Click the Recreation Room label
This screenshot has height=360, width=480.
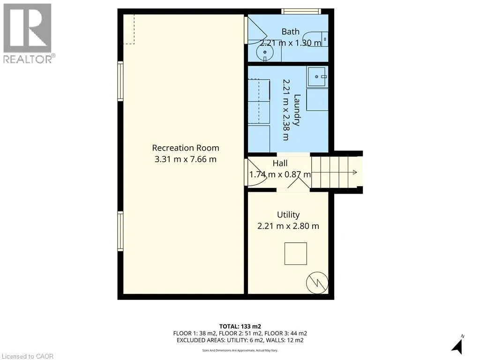pos(186,148)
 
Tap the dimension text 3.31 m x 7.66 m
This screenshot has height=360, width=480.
pos(186,159)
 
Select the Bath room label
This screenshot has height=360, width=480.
pos(290,32)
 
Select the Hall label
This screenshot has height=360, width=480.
pos(280,164)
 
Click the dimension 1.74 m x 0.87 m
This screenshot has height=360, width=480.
pos(280,174)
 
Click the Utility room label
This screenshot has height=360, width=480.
pos(288,215)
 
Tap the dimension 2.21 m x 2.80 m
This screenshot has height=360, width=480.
pos(288,226)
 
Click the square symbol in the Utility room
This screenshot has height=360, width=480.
pos(295,254)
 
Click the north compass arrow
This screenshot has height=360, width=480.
pos(457,345)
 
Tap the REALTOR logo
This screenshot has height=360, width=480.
pos(28,33)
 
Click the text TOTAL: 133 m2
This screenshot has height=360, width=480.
pos(240,326)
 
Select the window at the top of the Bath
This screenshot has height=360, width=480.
pos(301,11)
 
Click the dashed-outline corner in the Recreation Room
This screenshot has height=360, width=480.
pos(129,29)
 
